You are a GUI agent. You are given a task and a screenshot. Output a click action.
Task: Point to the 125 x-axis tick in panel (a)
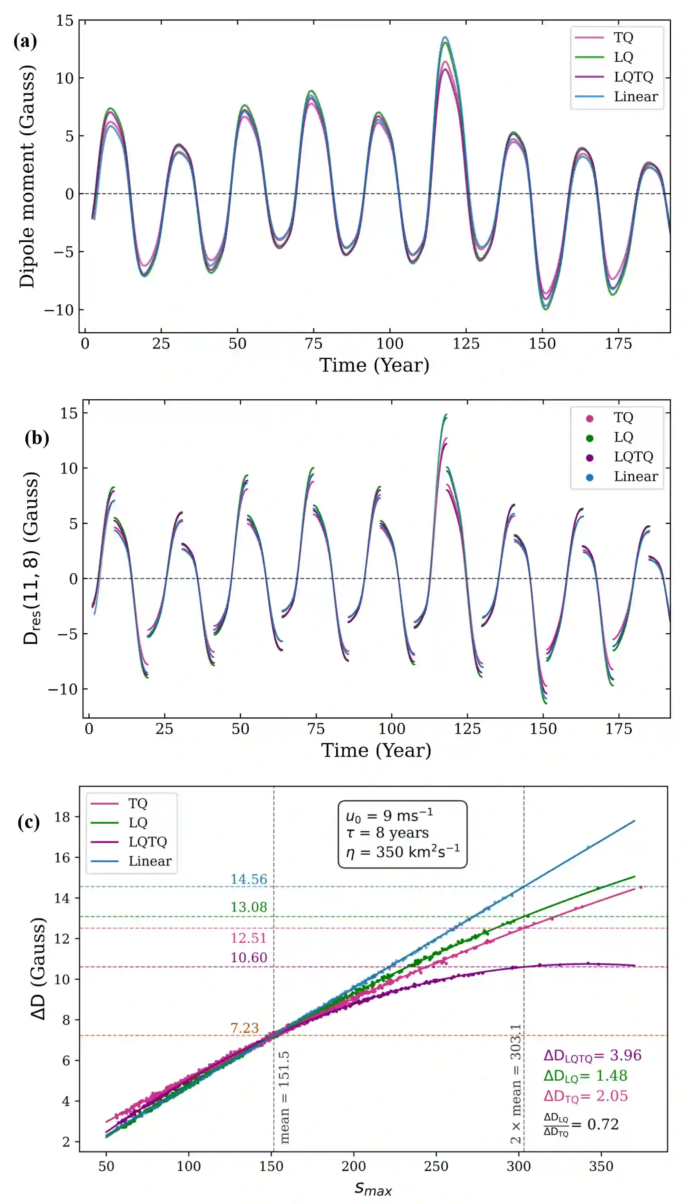tap(466, 344)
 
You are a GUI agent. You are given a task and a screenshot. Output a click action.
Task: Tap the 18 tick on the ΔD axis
tap(63, 817)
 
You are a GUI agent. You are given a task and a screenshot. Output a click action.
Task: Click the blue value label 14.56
tap(249, 879)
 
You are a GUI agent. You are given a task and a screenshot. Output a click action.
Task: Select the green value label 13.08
tap(249, 907)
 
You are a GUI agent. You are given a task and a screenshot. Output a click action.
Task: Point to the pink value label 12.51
tap(249, 937)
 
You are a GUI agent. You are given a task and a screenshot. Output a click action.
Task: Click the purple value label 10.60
tap(249, 957)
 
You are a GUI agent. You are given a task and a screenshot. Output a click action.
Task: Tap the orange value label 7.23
tap(245, 1028)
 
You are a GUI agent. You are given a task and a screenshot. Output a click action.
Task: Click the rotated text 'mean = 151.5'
tap(284, 1097)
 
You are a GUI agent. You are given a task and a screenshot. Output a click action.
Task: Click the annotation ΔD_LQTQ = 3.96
tap(592, 1056)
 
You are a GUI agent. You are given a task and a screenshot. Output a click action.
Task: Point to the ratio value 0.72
tap(602, 1124)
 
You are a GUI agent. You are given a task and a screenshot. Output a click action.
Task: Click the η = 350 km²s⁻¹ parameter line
tap(402, 852)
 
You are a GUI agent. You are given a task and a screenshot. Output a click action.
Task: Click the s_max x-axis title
tap(373, 1188)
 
